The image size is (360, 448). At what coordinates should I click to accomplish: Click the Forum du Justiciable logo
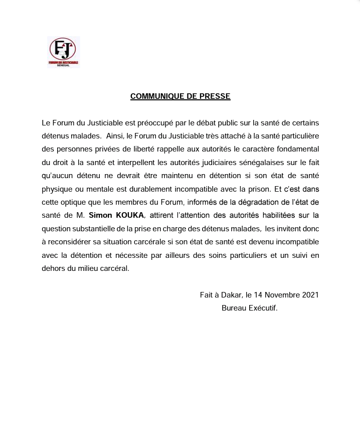click(x=63, y=52)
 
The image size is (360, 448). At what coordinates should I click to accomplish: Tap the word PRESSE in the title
click(x=217, y=96)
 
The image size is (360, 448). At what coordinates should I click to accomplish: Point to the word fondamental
click(x=296, y=150)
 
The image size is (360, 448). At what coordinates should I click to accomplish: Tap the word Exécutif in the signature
click(x=263, y=308)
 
